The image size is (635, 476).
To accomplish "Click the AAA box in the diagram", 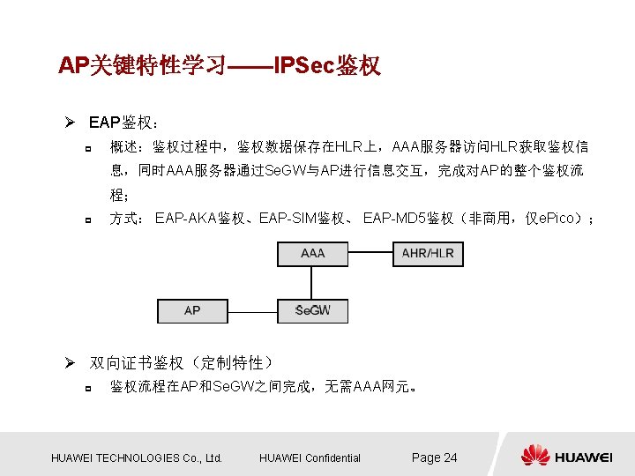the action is pos(312,254).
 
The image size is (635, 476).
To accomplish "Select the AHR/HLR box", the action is pos(428,254).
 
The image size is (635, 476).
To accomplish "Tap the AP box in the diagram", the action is pos(192,311).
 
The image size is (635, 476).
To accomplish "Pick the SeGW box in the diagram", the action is pos(312,311).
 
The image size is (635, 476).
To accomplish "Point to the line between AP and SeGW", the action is pos(252,311).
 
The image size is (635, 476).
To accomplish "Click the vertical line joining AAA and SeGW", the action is pos(312,282).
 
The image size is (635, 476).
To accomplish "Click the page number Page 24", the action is pos(435,457).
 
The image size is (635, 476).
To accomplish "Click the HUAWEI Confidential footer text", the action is pos(310,457).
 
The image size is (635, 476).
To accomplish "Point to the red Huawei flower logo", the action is pos(534,456).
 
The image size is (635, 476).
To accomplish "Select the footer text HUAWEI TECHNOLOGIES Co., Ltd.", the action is pos(137,457).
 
